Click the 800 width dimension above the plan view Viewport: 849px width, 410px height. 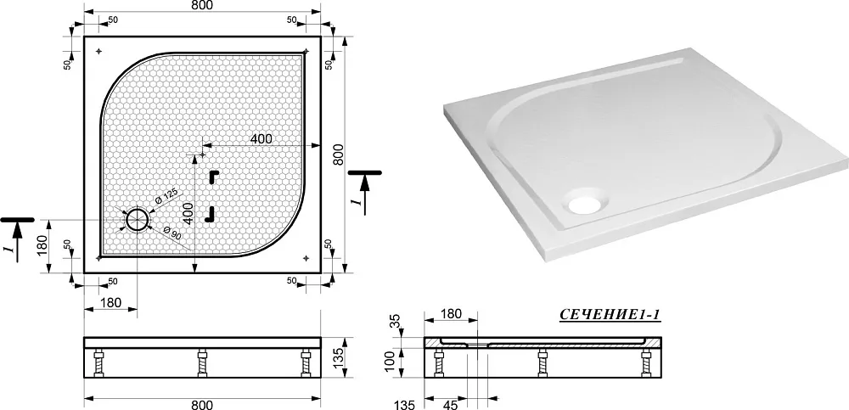click(202, 5)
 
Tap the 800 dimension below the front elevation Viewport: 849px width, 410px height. click(202, 405)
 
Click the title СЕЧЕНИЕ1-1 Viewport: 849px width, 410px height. click(610, 315)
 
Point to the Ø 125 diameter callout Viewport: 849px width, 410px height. click(166, 199)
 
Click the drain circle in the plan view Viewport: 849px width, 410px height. click(138, 220)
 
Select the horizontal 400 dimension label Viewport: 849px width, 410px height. click(261, 138)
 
